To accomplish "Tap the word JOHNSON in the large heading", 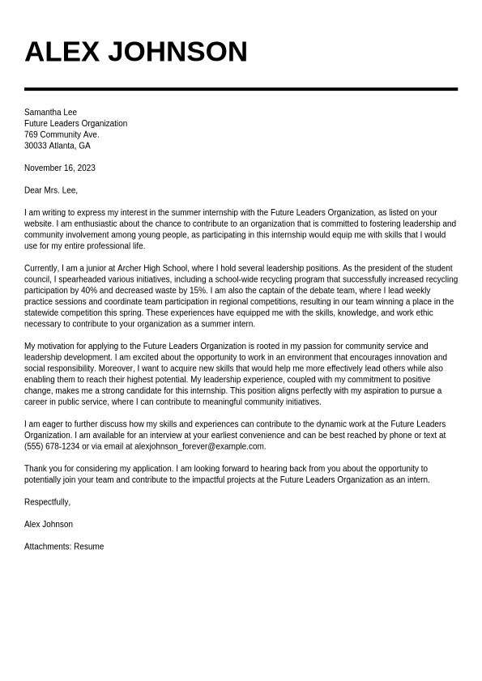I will [x=177, y=52].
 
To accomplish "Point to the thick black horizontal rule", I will [x=241, y=89].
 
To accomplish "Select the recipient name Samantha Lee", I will [x=50, y=113].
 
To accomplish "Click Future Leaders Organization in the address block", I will [x=75, y=124].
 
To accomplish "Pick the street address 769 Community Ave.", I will [x=62, y=135].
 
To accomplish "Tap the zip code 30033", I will [x=36, y=147].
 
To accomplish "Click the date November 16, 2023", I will [x=59, y=168].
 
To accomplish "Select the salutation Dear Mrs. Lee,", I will [x=50, y=190].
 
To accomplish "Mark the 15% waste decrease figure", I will [x=198, y=291].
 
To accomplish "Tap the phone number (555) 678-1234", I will [x=52, y=446].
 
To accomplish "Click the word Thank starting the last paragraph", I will [x=35, y=469].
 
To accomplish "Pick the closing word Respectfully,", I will [x=47, y=502].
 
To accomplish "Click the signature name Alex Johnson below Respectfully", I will [x=48, y=525].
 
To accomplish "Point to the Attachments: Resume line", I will [x=64, y=547].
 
